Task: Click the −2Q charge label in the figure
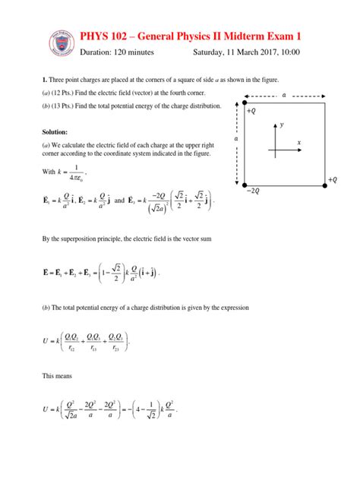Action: (253, 191)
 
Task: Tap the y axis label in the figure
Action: (281, 124)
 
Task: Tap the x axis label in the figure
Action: (299, 142)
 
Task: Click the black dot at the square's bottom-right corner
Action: (323, 183)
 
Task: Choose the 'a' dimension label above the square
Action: (284, 96)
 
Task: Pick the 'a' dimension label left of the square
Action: (236, 140)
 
